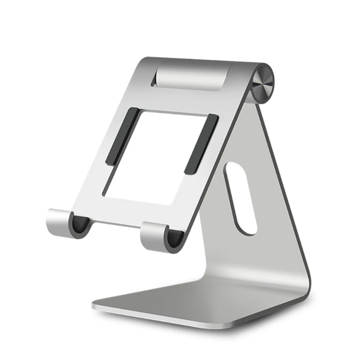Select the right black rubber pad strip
[x=201, y=144]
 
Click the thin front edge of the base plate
[x=180, y=318]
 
